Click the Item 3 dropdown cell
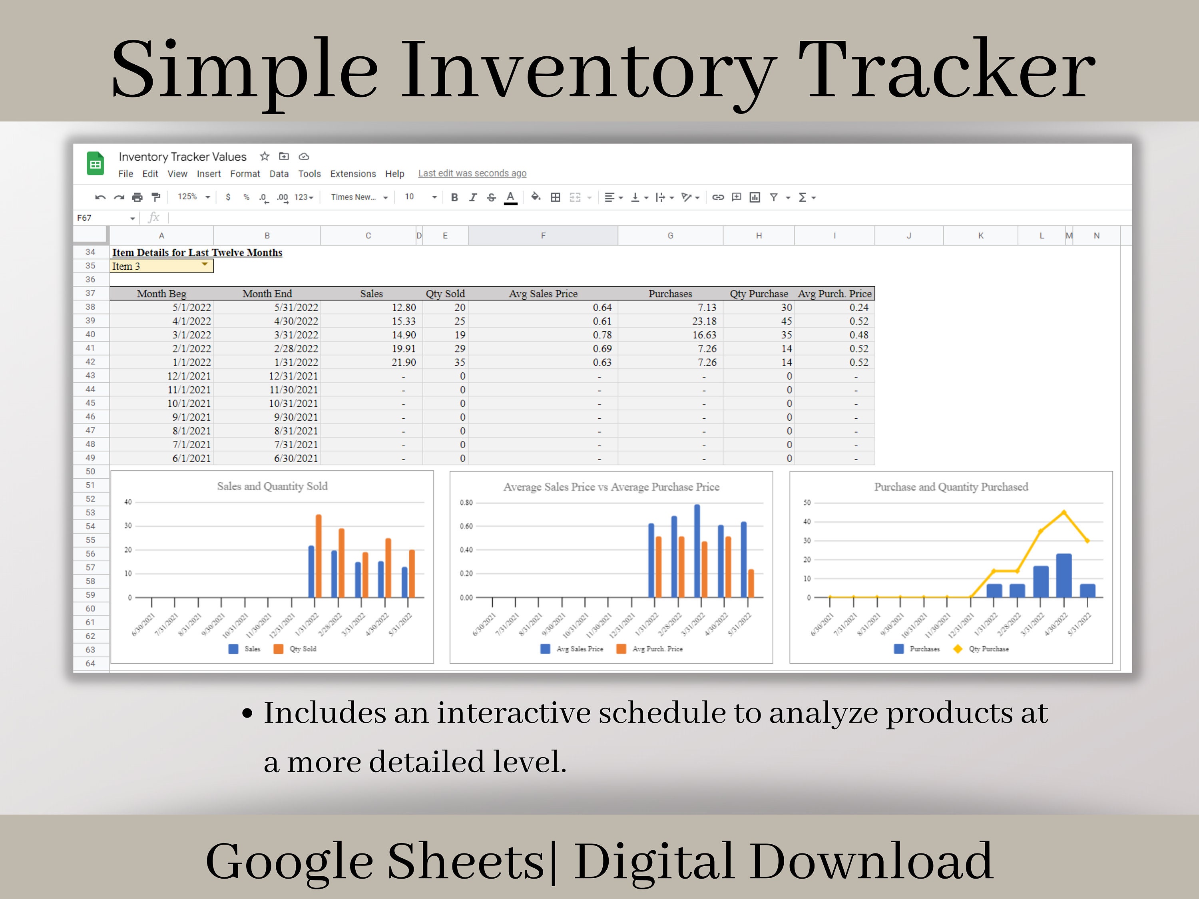point(161,266)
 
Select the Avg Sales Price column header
point(543,294)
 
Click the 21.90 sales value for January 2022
point(403,362)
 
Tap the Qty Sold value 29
point(459,348)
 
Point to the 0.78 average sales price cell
point(601,335)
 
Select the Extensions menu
point(353,174)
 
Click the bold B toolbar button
point(454,197)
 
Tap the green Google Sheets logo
point(96,164)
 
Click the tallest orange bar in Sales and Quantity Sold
point(318,555)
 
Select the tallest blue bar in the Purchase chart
point(1064,575)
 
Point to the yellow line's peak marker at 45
point(1064,512)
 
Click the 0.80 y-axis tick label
point(466,502)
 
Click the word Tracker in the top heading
point(946,70)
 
